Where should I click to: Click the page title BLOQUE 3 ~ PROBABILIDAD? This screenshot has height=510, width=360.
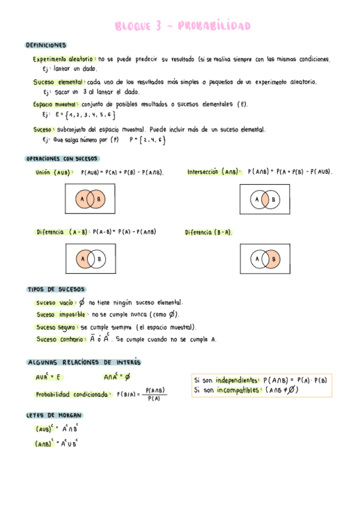pos(182,26)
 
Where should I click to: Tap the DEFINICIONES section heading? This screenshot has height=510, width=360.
pos(46,45)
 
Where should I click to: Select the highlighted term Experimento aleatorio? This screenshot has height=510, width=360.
pos(63,60)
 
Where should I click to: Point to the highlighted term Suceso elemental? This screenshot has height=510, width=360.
pos(59,82)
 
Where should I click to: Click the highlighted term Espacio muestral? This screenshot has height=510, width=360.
pos(58,104)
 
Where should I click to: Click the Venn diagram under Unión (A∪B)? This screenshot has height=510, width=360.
pos(90,199)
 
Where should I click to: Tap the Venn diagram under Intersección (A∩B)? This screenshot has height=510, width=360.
pos(264,199)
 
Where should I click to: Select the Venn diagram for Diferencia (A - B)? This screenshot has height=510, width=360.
pos(90,259)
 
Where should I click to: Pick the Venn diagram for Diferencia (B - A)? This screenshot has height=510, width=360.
pos(264,259)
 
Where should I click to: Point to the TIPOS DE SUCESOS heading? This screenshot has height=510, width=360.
pos(57,289)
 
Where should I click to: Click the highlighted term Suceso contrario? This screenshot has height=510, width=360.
pos(60,339)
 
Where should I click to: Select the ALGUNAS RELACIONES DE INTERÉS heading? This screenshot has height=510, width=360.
pos(84,363)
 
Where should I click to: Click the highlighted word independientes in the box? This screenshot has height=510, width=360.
pos(238,380)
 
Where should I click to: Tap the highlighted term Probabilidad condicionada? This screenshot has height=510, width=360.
pos(73,394)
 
